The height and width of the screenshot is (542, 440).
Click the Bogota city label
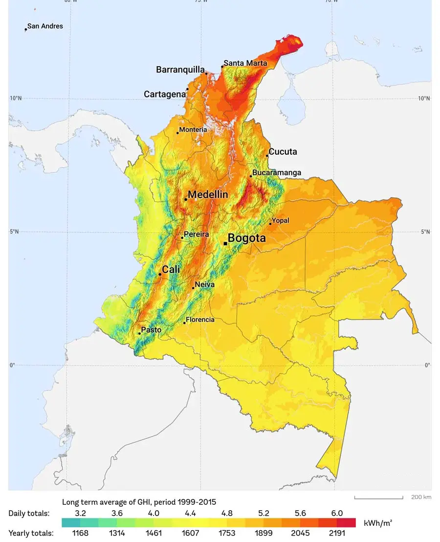pyautogui.click(x=247, y=239)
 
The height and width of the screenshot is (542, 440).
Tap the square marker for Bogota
pyautogui.click(x=225, y=243)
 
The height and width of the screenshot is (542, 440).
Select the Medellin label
pyautogui.click(x=208, y=195)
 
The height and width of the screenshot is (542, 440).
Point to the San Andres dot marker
pyautogui.click(x=26, y=29)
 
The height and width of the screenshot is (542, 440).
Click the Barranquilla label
pyautogui.click(x=180, y=70)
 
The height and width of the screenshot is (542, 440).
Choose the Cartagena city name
pyautogui.click(x=164, y=94)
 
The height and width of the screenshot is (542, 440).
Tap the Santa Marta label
pyautogui.click(x=245, y=63)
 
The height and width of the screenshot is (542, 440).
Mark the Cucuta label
pyautogui.click(x=283, y=152)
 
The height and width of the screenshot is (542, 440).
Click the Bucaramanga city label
pyautogui.click(x=277, y=173)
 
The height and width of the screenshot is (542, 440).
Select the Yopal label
pyautogui.click(x=280, y=221)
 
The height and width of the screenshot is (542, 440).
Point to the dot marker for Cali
pyautogui.click(x=160, y=274)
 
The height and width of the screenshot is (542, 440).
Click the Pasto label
pyautogui.click(x=151, y=330)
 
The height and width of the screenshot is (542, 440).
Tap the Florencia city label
pyautogui.click(x=200, y=320)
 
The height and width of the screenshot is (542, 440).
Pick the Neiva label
pyautogui.click(x=204, y=284)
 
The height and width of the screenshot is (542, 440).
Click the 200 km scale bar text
pyautogui.click(x=421, y=497)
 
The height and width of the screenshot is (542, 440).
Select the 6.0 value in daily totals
pyautogui.click(x=336, y=513)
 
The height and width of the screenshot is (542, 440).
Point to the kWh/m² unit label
pyautogui.click(x=378, y=523)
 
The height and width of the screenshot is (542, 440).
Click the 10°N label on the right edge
pyautogui.click(x=424, y=98)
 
